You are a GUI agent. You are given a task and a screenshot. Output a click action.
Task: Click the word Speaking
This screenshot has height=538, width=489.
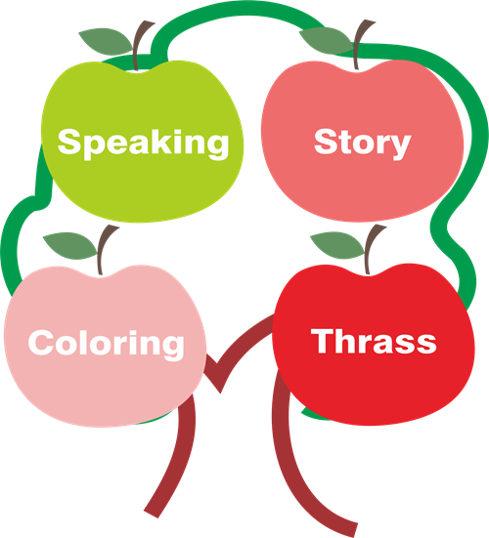(144, 144)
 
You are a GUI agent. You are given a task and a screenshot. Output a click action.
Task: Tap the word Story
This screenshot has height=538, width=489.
(363, 144)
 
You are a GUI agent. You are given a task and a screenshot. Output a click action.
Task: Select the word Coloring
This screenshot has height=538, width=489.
(107, 344)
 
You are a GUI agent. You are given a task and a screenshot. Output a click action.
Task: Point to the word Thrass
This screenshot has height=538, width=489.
(374, 341)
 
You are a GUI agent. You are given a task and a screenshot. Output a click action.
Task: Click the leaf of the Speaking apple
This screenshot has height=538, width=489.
(106, 41)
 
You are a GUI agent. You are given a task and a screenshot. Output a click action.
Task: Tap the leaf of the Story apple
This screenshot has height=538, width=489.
(326, 40)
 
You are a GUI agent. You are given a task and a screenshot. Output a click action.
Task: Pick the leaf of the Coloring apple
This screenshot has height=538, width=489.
(70, 246)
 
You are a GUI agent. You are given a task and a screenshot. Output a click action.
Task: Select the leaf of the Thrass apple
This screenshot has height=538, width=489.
(337, 245)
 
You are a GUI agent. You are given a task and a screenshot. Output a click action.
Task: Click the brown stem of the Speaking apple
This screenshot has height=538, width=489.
(140, 45)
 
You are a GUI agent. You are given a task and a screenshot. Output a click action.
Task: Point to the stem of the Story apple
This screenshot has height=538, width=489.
(361, 44)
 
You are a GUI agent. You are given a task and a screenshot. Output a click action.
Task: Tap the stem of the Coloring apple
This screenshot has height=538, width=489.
(105, 249)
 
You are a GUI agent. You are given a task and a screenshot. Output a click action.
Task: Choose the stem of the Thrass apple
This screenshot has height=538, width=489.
(372, 249)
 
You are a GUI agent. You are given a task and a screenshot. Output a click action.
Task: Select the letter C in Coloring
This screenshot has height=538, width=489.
(41, 342)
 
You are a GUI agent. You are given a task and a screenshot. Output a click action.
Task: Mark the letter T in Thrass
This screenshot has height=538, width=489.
(323, 341)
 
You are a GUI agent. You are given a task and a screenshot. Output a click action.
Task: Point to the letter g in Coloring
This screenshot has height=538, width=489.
(174, 349)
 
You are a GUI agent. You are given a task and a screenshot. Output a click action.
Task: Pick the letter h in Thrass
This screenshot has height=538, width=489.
(349, 341)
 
